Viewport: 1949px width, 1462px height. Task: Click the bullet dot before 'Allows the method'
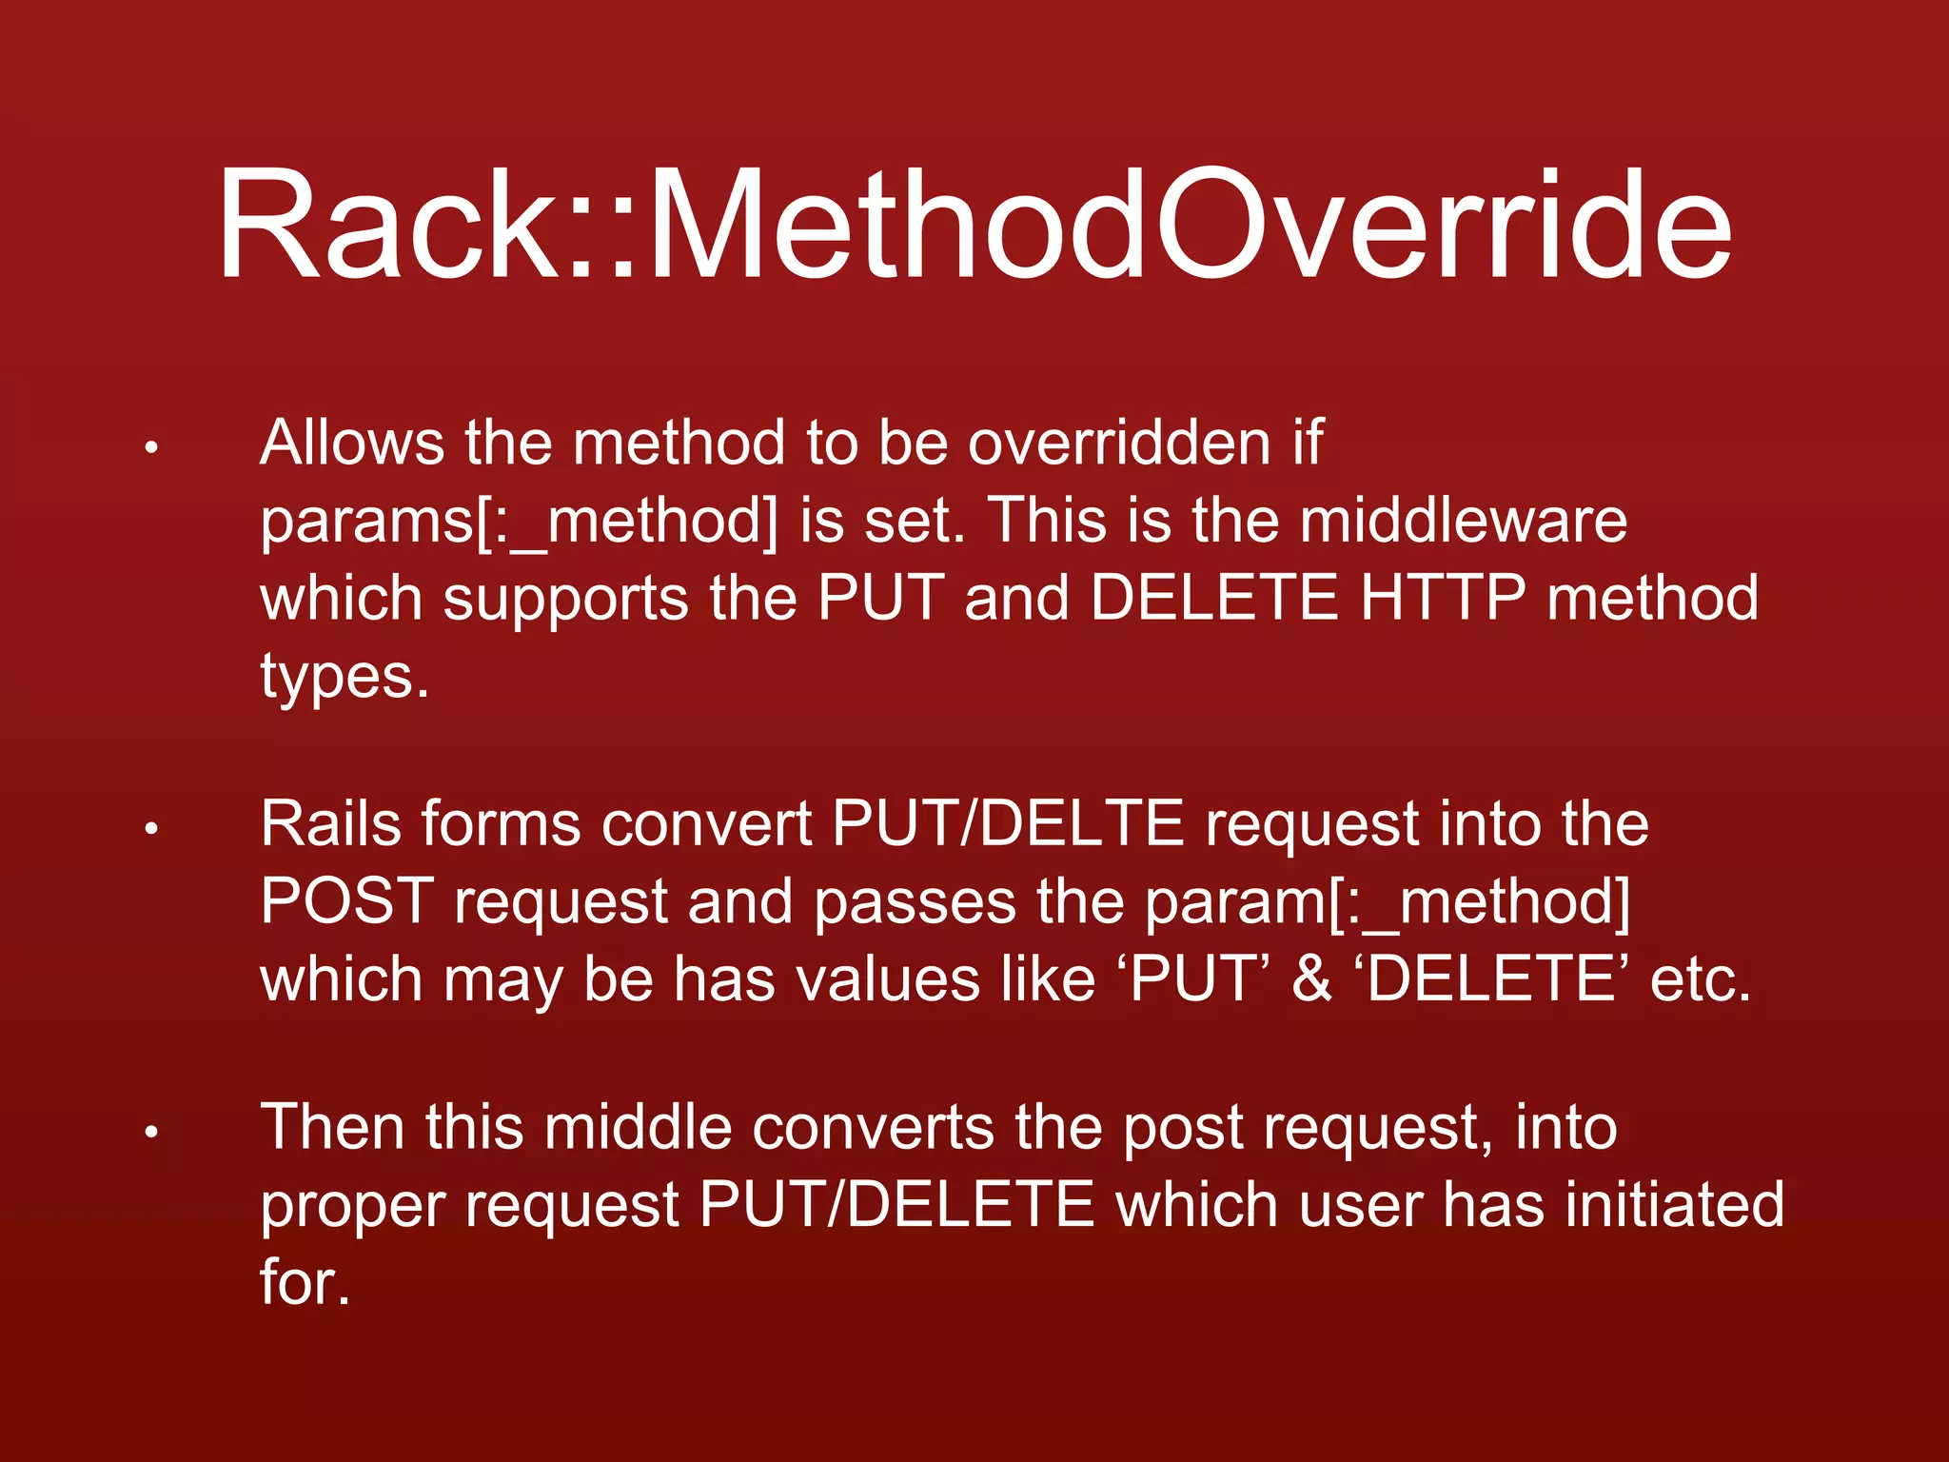pyautogui.click(x=150, y=447)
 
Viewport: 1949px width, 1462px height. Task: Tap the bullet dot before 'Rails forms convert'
pyautogui.click(x=150, y=829)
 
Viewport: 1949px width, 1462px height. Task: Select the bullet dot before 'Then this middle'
pyautogui.click(x=150, y=1132)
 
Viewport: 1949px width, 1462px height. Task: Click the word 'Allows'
pyautogui.click(x=352, y=443)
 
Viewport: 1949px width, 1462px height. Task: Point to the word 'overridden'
pyautogui.click(x=1119, y=443)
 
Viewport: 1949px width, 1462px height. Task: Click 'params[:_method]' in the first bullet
pyautogui.click(x=519, y=522)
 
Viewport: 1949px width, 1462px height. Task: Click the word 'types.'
pyautogui.click(x=345, y=678)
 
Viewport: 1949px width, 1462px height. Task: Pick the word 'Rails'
pyautogui.click(x=329, y=823)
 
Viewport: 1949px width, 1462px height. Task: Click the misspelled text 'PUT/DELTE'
pyautogui.click(x=1008, y=823)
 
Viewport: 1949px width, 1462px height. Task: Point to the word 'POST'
pyautogui.click(x=346, y=901)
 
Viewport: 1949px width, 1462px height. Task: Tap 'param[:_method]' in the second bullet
pyautogui.click(x=1388, y=901)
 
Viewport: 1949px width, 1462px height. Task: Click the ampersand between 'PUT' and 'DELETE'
pyautogui.click(x=1311, y=979)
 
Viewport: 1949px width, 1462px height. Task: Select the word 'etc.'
pyautogui.click(x=1700, y=979)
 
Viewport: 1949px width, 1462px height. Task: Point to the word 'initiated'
pyautogui.click(x=1675, y=1205)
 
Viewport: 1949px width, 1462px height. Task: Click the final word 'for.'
pyautogui.click(x=305, y=1283)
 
